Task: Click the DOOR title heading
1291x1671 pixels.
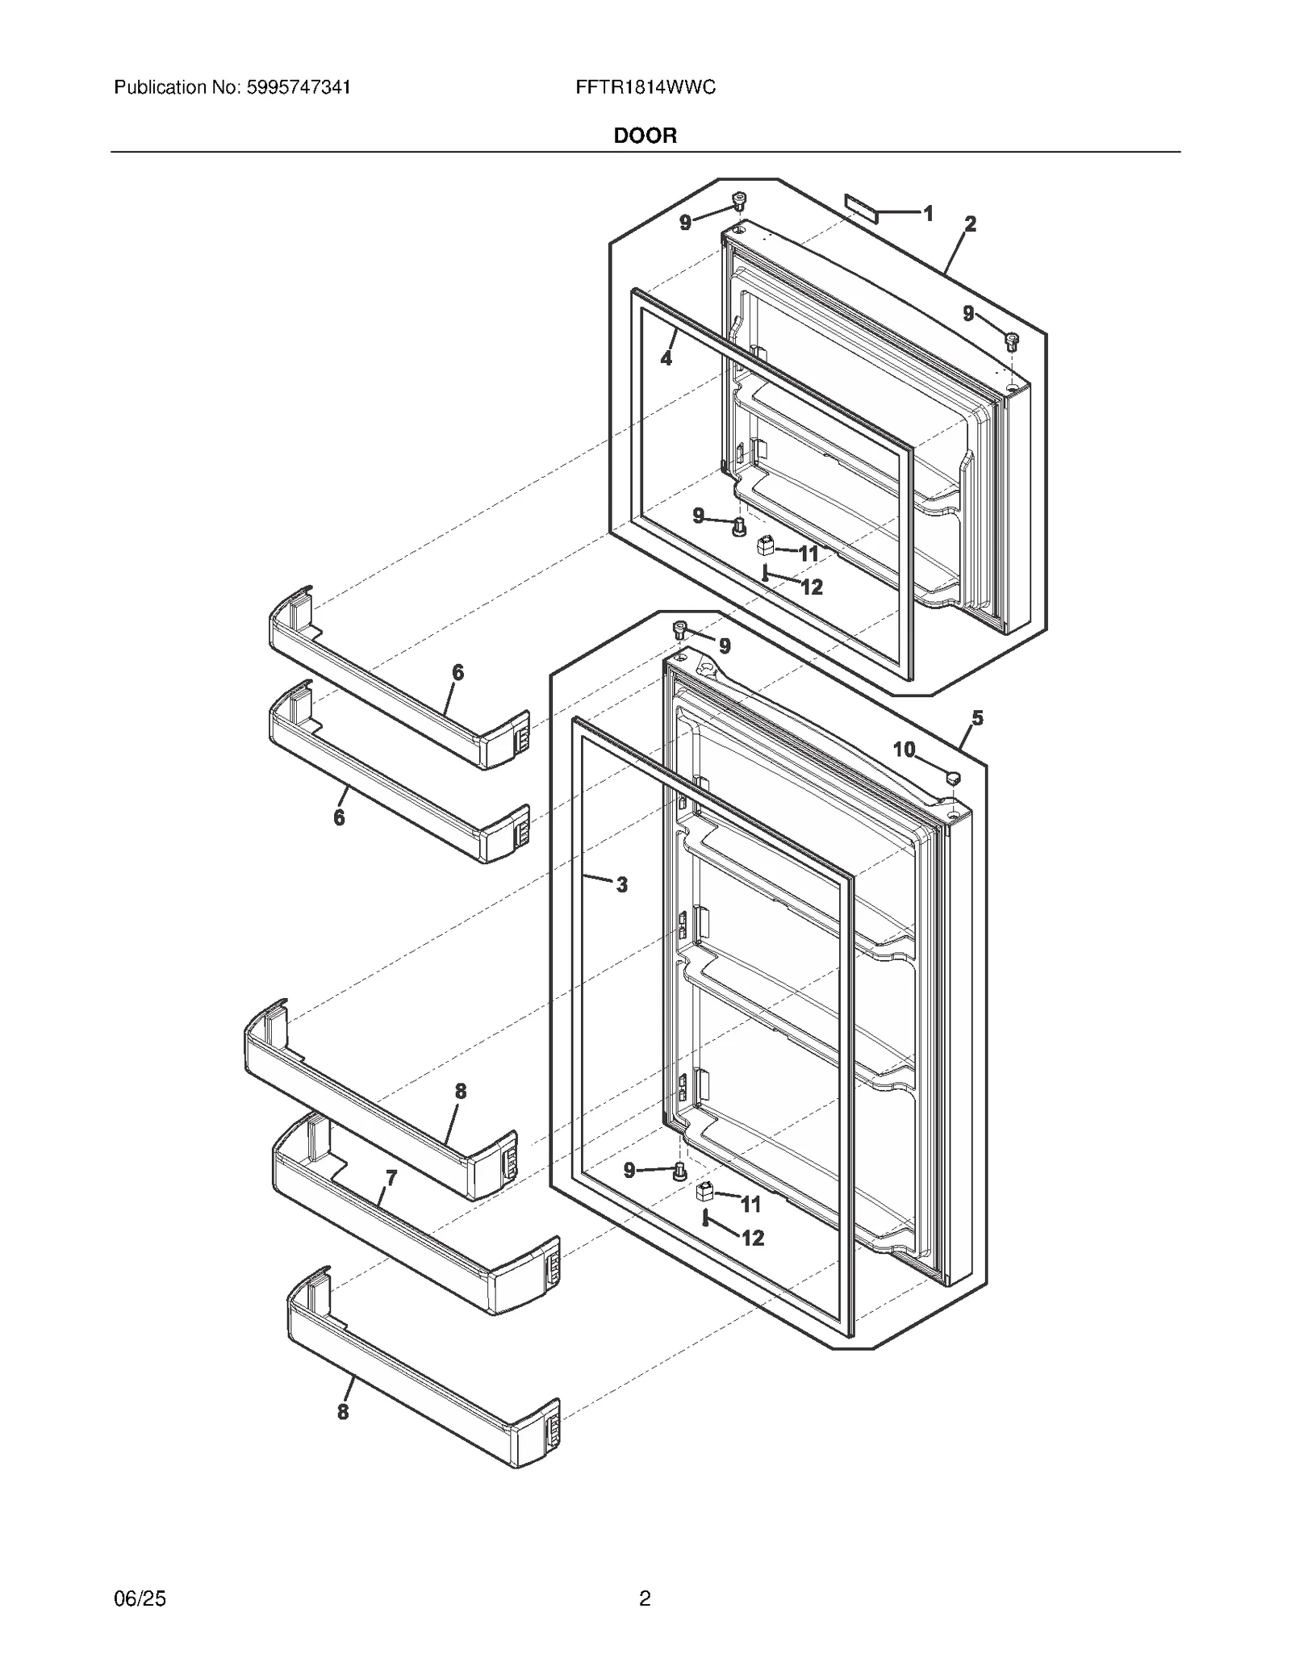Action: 645,136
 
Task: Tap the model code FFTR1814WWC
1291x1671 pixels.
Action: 645,87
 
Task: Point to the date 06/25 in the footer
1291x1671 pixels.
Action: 140,1598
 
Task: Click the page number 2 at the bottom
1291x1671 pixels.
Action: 645,1598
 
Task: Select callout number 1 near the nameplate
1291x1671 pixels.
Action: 929,214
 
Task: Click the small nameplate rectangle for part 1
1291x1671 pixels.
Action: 859,207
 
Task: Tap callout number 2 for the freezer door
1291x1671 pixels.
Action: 970,224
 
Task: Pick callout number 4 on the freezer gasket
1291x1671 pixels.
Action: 666,358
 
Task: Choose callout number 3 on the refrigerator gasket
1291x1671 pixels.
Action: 621,885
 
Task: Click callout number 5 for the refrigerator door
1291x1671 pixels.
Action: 977,718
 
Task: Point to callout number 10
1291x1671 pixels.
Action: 904,750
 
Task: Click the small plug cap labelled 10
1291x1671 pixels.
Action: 953,778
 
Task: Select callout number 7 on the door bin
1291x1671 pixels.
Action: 391,1179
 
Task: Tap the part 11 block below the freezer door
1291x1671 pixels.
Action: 765,546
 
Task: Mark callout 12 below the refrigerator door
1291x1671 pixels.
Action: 753,1238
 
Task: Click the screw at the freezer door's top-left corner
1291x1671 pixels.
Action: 737,200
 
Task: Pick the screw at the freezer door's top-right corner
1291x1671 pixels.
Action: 1012,340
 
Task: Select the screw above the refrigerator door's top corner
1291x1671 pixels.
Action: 680,629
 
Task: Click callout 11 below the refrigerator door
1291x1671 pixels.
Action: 750,1205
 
